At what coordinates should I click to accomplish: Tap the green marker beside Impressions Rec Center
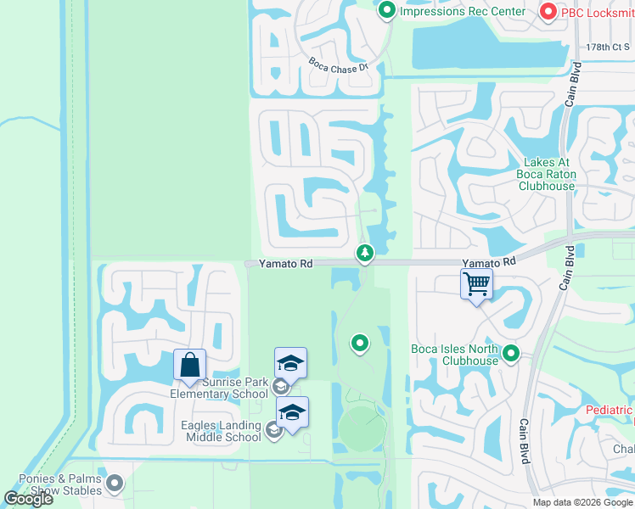[x=387, y=11]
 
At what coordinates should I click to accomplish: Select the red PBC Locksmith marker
[x=548, y=11]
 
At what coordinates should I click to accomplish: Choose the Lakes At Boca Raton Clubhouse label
[x=547, y=174]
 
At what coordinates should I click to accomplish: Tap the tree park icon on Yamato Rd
[x=364, y=252]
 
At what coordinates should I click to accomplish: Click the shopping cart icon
[x=477, y=283]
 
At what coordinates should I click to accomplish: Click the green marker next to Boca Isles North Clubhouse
[x=510, y=352]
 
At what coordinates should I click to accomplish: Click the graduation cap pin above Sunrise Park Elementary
[x=290, y=363]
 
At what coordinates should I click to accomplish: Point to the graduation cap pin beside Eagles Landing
[x=292, y=413]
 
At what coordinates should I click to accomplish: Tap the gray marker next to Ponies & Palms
[x=115, y=484]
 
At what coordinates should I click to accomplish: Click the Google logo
[x=28, y=499]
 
